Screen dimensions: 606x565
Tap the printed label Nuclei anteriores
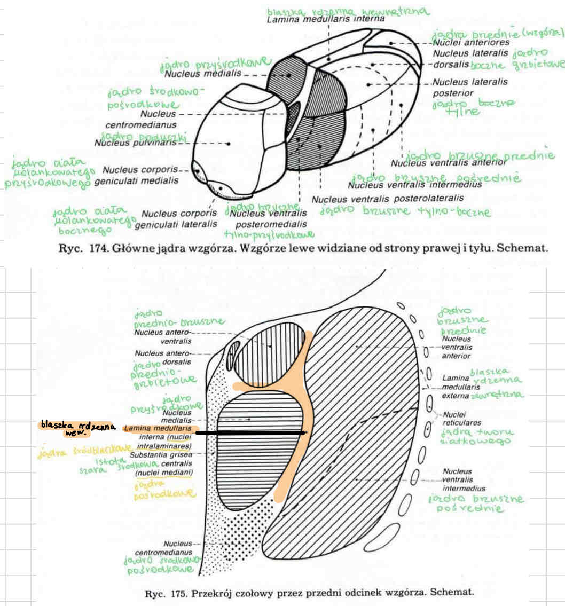470,42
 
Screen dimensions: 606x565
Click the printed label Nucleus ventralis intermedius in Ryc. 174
414,185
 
